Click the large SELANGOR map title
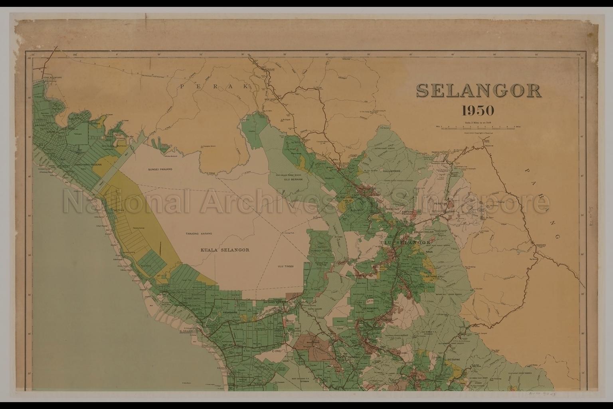click(479, 91)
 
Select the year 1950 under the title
click(478, 110)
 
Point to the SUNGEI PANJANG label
click(159, 170)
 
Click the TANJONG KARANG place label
click(198, 233)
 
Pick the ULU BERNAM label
click(291, 179)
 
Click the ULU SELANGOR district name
click(405, 242)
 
